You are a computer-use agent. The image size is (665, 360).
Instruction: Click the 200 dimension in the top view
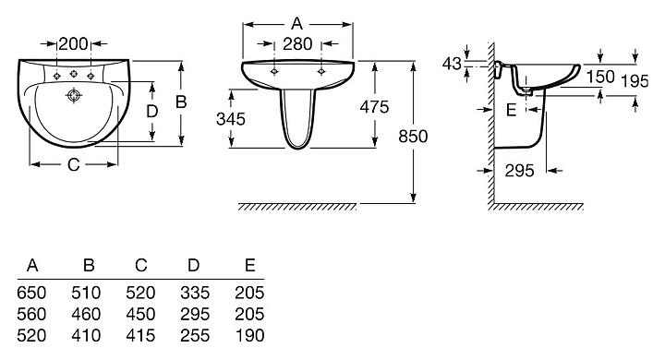point(73,43)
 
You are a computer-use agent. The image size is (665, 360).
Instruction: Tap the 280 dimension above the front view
point(297,43)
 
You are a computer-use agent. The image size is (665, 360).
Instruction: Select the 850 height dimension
point(413,137)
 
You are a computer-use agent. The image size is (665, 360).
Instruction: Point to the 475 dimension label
point(374,107)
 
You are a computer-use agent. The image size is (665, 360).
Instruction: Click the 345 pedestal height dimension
point(231,119)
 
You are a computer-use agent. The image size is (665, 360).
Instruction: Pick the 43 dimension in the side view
point(452,64)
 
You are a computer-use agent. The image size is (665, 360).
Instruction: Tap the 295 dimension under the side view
point(519,171)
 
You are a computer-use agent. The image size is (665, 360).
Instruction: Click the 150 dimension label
point(600,77)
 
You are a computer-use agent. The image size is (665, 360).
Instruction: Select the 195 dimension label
point(635,81)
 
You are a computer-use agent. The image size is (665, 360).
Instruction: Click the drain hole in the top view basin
point(74,96)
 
